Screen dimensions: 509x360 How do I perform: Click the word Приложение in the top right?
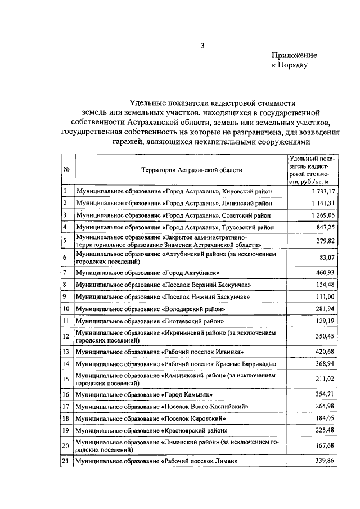294,55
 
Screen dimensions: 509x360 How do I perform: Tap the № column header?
66,169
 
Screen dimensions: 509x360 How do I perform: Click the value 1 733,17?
308,191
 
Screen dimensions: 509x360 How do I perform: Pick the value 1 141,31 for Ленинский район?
308,203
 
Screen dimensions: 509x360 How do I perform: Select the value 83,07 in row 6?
313,257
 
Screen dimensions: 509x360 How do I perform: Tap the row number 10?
66,309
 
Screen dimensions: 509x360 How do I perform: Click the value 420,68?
311,352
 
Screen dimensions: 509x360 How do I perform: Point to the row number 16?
66,394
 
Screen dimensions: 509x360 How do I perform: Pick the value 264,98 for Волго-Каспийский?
311,406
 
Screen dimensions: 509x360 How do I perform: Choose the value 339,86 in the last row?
311,461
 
